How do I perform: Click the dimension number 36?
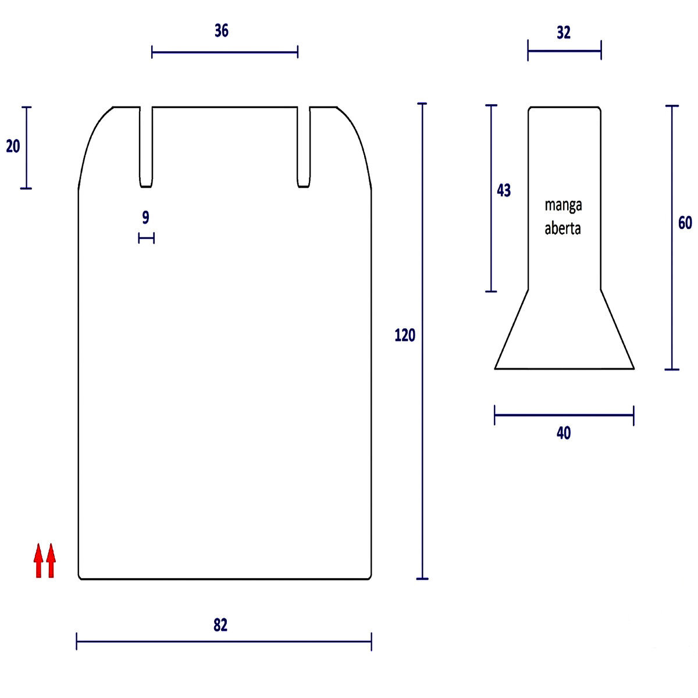coord(221,31)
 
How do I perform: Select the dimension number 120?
coord(405,336)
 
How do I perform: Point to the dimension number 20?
coord(13,147)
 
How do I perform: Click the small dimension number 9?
coord(145,218)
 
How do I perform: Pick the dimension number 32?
coord(564,33)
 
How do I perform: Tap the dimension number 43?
coord(504,190)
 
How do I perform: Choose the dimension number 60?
coord(685,223)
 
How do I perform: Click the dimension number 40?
coord(564,433)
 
